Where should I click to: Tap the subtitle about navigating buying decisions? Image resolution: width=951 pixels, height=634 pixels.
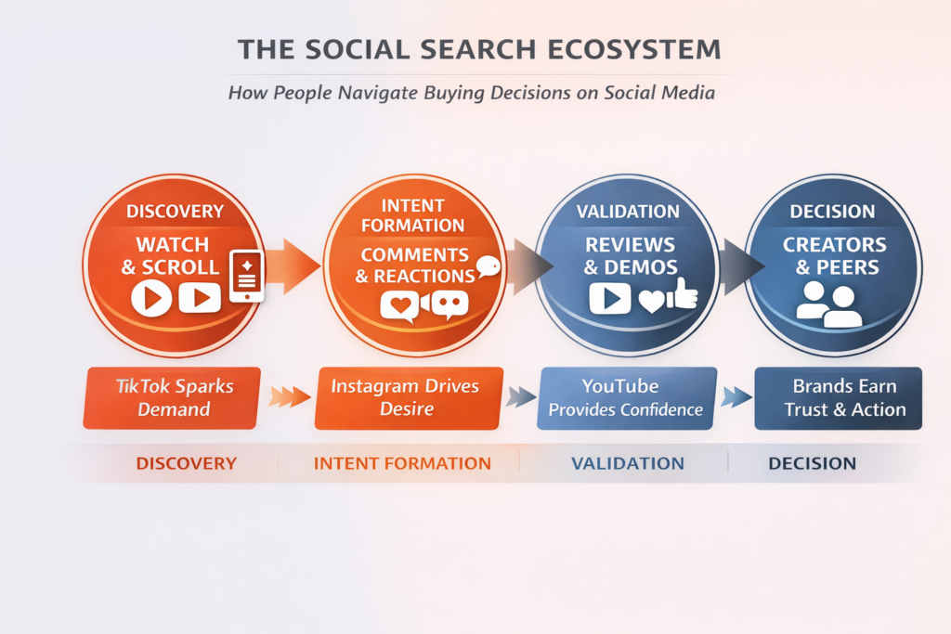coord(475,94)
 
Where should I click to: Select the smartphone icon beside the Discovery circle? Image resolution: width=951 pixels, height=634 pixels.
coord(246,275)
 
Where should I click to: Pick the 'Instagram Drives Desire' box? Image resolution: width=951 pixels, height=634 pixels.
coord(408,398)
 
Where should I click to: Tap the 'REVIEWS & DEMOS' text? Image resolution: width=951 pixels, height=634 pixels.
coord(630,256)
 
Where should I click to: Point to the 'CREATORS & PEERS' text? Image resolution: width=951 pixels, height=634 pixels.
coord(832,256)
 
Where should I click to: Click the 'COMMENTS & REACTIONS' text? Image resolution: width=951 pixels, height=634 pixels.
coord(414,265)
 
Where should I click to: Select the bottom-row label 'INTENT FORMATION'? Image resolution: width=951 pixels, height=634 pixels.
coord(402,463)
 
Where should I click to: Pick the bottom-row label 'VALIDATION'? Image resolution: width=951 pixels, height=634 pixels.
coord(628,463)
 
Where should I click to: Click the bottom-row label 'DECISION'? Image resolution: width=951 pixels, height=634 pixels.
coord(813,463)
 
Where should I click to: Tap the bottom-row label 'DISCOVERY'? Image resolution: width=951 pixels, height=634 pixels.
coord(187,463)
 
